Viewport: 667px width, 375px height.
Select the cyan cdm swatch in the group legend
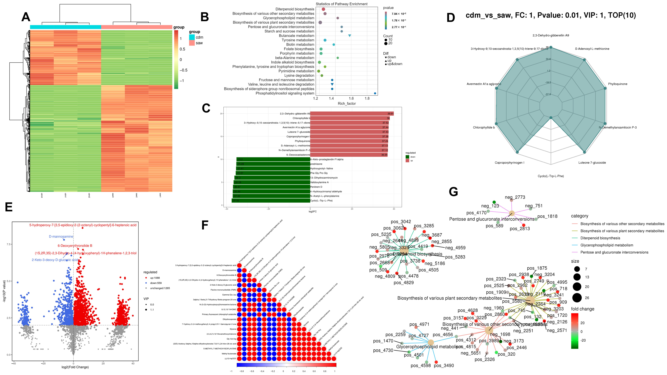coord(192,37)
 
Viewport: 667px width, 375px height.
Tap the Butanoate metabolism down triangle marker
coord(350,36)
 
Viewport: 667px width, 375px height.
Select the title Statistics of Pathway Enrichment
coord(342,4)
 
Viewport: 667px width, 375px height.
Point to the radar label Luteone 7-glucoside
coord(592,162)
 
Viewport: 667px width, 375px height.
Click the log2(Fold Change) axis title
coord(75,367)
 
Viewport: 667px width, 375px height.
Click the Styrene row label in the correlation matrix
coord(233,329)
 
